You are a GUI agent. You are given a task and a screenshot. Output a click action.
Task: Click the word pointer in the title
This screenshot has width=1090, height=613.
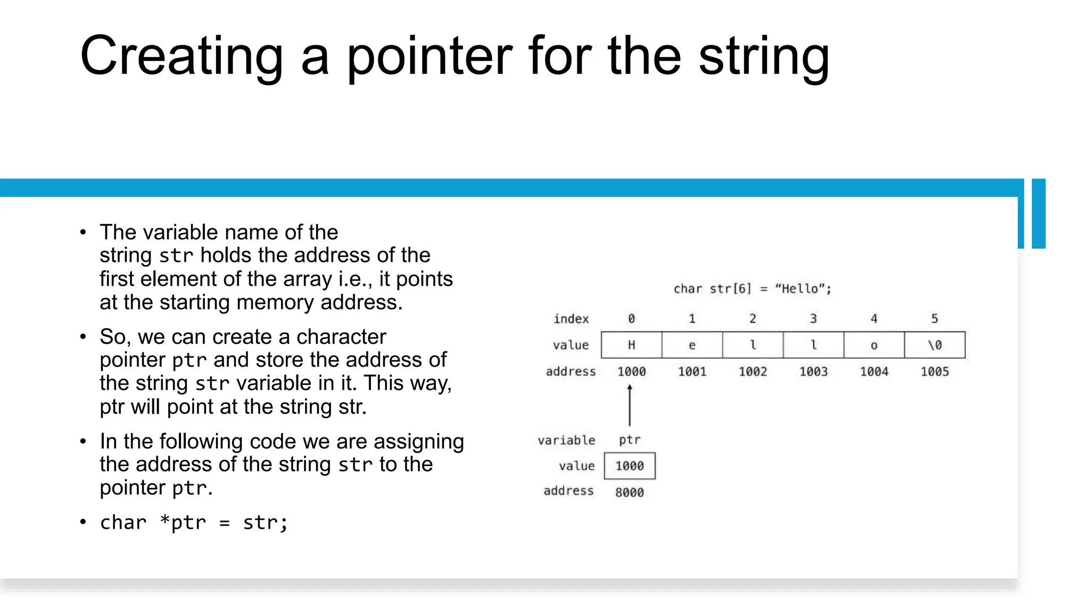[x=430, y=56]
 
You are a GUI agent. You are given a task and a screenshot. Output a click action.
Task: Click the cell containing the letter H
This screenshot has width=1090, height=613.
[x=631, y=345]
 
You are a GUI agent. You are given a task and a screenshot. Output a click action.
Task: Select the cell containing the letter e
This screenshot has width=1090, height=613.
[x=692, y=345]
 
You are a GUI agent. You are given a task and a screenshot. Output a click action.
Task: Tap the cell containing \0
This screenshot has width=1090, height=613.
[x=935, y=345]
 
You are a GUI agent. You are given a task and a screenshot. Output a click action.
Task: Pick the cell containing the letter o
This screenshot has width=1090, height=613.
[x=874, y=345]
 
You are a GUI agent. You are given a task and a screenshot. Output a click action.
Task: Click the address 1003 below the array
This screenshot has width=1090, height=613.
[x=813, y=371]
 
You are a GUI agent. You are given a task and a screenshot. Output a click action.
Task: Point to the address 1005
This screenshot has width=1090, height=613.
[x=935, y=371]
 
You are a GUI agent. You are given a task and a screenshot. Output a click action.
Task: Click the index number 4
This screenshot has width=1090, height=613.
[x=874, y=319]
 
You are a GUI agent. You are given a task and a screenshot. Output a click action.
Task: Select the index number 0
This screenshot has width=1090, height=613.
[x=631, y=319]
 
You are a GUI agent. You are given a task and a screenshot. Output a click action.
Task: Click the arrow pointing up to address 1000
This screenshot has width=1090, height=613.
[x=630, y=405]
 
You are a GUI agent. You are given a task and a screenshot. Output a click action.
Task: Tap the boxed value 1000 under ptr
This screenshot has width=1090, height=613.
[x=630, y=466]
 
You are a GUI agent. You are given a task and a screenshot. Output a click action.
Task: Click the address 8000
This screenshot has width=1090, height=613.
[x=630, y=493]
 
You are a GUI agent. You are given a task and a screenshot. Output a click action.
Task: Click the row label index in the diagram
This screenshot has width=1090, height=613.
[x=571, y=319]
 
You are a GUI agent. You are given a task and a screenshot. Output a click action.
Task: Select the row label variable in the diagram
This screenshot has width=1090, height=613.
[x=566, y=440]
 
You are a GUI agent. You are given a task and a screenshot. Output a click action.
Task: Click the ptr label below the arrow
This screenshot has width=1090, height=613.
[x=630, y=440]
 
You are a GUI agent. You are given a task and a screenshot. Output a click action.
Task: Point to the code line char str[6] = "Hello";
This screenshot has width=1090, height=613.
[x=752, y=289]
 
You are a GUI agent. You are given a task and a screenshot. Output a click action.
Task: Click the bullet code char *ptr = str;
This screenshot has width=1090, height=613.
[x=194, y=523]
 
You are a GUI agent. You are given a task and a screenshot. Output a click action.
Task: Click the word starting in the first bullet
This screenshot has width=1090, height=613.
[x=195, y=302]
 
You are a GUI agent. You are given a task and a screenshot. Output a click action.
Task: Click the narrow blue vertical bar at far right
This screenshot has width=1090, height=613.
[x=1038, y=213]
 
